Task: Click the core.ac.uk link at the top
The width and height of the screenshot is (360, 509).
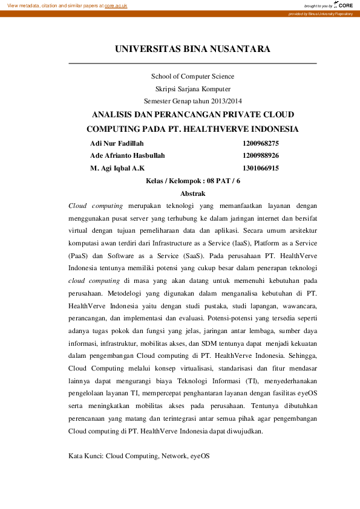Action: [x=116, y=5]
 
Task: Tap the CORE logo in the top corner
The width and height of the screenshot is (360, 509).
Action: [x=343, y=5]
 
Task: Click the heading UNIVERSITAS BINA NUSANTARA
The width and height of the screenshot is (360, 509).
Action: [x=192, y=49]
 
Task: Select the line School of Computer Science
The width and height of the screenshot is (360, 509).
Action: [x=192, y=76]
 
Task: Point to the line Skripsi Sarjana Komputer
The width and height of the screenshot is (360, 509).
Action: [x=192, y=89]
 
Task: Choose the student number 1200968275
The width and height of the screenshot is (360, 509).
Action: [x=260, y=143]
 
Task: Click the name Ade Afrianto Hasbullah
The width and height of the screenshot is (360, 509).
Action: [x=127, y=155]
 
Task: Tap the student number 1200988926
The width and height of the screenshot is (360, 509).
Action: [x=260, y=155]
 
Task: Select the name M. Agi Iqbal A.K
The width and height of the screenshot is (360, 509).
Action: [x=117, y=168]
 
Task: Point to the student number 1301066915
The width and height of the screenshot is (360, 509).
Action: [x=260, y=168]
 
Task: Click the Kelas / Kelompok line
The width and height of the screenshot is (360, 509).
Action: [x=193, y=181]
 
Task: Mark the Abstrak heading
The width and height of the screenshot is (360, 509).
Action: [x=193, y=193]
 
